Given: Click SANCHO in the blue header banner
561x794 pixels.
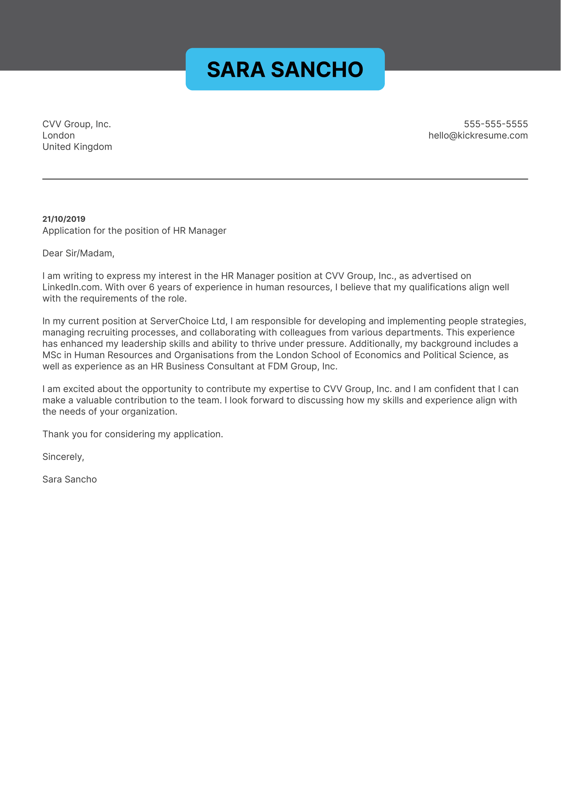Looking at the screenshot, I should coord(317,70).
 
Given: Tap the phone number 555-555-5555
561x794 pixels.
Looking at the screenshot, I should coord(496,124).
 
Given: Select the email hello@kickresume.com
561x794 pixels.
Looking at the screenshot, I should coord(478,135).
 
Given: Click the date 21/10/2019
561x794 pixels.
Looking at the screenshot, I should coord(64,219).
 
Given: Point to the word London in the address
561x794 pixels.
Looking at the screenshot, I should coord(58,135).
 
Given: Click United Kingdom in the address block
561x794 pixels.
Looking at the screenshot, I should coord(77,147).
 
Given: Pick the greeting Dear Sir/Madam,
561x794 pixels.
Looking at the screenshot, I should coord(78,253).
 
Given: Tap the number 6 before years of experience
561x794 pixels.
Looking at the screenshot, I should coord(152,287).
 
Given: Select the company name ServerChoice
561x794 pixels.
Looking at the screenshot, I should coord(179,321).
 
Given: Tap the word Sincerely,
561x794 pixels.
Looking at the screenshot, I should coord(63,457).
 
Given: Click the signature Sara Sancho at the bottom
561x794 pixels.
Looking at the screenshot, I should coord(70,479).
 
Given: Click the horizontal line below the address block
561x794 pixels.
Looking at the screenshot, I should coord(285,179).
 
